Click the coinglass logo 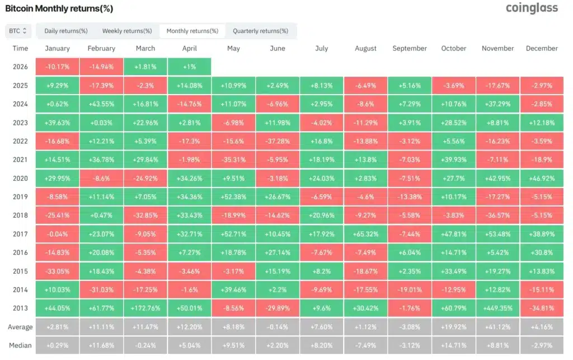tap(532, 8)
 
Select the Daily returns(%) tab tap(66, 31)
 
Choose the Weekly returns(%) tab tap(127, 31)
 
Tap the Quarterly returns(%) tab tap(261, 31)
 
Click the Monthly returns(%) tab tap(192, 31)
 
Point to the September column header tap(410, 48)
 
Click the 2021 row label tap(20, 160)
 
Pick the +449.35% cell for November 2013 tap(497, 308)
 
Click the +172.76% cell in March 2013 tap(145, 308)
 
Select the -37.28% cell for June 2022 tap(278, 141)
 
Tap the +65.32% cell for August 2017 tap(365, 233)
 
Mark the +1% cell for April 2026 tap(189, 67)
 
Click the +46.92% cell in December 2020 tap(542, 178)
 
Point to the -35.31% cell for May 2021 tap(233, 160)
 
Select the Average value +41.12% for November tap(497, 327)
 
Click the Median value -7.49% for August tap(365, 345)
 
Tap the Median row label tap(20, 345)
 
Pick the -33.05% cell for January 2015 tap(57, 271)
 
